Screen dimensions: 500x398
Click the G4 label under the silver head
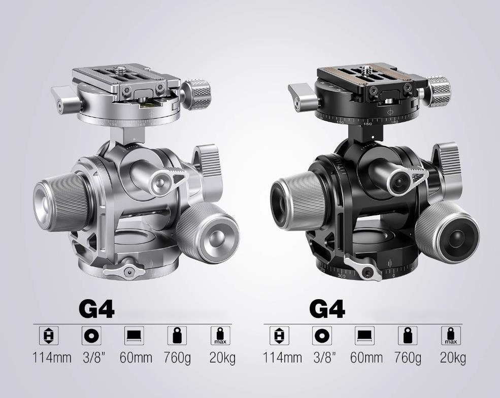96,309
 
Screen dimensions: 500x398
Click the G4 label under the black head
327,309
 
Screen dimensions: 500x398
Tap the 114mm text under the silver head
52,357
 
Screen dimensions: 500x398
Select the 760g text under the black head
408,358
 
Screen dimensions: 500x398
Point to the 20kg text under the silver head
222,358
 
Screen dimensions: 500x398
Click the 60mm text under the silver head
136,357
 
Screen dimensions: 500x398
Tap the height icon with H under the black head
279,336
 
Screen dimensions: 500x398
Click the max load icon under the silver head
220,336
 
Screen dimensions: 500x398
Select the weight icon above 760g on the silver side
177,336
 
